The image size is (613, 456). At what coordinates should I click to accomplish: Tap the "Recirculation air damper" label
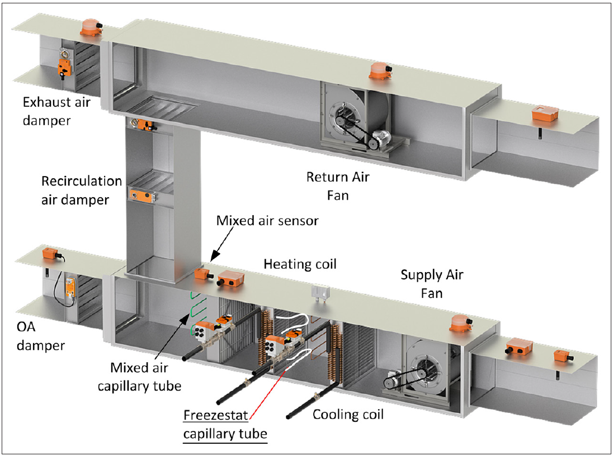click(81, 190)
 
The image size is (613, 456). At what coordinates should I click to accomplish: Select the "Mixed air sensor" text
click(267, 221)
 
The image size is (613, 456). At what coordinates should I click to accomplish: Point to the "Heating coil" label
click(300, 263)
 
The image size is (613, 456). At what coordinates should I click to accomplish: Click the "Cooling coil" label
click(348, 414)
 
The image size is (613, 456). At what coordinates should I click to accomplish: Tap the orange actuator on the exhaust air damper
click(63, 68)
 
